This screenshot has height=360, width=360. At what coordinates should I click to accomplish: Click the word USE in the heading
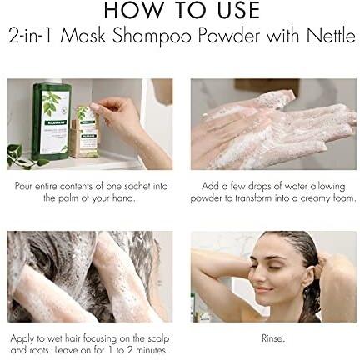pyautogui.click(x=238, y=10)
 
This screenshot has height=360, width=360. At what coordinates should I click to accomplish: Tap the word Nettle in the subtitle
pyautogui.click(x=331, y=36)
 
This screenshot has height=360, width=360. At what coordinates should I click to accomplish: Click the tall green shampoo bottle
pyautogui.click(x=52, y=122)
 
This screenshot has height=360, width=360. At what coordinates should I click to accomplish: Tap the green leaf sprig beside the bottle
pyautogui.click(x=22, y=156)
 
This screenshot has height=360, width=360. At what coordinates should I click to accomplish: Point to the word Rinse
pyautogui.click(x=273, y=338)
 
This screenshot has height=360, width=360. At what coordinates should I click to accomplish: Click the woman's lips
pyautogui.click(x=262, y=290)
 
